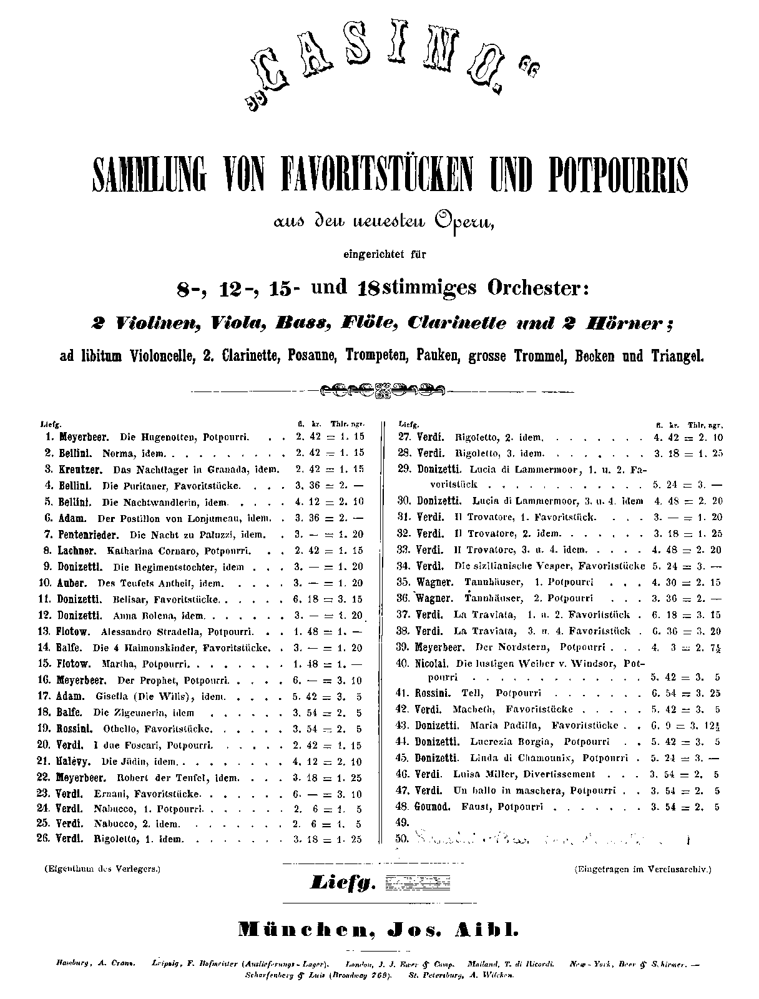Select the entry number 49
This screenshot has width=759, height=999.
[401, 822]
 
